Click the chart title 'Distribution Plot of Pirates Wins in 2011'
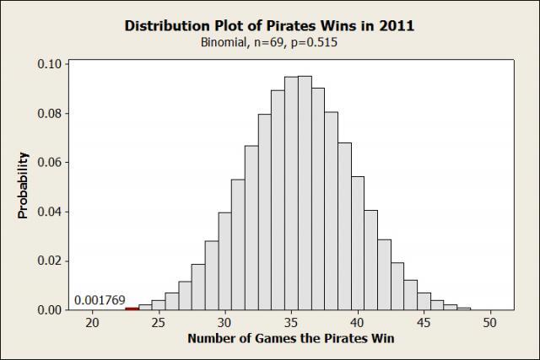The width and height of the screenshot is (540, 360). click(x=269, y=25)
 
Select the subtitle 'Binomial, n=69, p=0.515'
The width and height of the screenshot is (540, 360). click(x=269, y=42)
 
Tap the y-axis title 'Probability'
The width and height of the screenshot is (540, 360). click(x=24, y=185)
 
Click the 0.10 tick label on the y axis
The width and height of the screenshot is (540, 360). click(x=50, y=64)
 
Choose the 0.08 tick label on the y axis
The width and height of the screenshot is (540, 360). click(x=50, y=113)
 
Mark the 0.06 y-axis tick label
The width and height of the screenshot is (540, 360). click(x=50, y=162)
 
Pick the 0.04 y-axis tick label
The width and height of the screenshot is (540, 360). click(x=50, y=212)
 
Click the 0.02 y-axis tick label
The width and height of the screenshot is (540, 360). click(x=50, y=261)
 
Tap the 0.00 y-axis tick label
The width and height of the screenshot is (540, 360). click(x=50, y=309)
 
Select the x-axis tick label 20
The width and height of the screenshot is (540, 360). click(x=93, y=322)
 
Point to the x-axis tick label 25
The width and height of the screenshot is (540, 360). click(x=159, y=322)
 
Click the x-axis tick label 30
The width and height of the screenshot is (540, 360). click(x=224, y=322)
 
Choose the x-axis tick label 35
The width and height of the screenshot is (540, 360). click(x=291, y=322)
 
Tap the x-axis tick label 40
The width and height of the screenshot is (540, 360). click(x=357, y=322)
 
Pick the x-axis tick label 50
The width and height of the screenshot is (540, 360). click(x=489, y=322)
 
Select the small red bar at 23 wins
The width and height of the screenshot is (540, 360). click(x=132, y=309)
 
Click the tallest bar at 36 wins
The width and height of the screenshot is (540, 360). click(x=305, y=194)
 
